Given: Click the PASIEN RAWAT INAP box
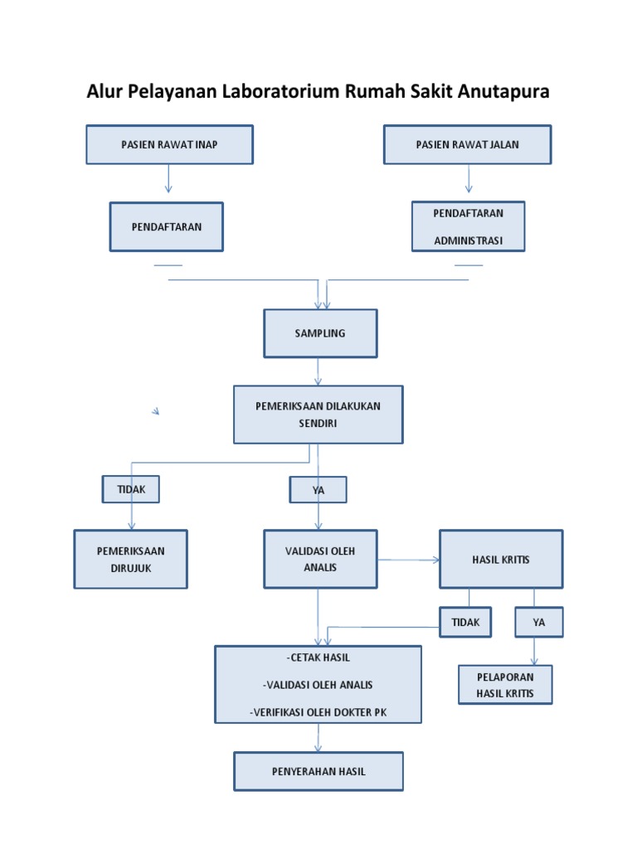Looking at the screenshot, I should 169,145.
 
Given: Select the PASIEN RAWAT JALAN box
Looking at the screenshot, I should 468,145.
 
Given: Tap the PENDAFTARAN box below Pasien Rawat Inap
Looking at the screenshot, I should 166,226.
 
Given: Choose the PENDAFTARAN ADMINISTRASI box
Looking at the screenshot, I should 468,226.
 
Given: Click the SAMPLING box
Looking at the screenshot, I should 320,333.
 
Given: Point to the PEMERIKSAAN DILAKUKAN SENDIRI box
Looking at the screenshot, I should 318,414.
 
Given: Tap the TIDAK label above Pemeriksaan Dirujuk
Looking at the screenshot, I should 131,489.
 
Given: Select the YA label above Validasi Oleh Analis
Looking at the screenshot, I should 318,491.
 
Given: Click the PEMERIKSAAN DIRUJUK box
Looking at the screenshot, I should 131,559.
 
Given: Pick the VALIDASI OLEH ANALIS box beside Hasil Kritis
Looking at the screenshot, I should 320,559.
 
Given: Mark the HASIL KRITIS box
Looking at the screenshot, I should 501,560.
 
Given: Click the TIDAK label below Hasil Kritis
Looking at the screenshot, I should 465,623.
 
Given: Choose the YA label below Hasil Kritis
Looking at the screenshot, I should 539,623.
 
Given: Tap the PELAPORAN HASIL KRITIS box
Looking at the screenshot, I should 505,685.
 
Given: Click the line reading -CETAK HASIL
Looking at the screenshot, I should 318,658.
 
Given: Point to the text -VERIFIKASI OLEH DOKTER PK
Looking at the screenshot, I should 318,712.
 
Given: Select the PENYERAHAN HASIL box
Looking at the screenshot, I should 318,771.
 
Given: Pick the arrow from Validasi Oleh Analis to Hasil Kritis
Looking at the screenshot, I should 408,560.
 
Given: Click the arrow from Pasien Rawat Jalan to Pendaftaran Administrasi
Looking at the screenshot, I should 469,178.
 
